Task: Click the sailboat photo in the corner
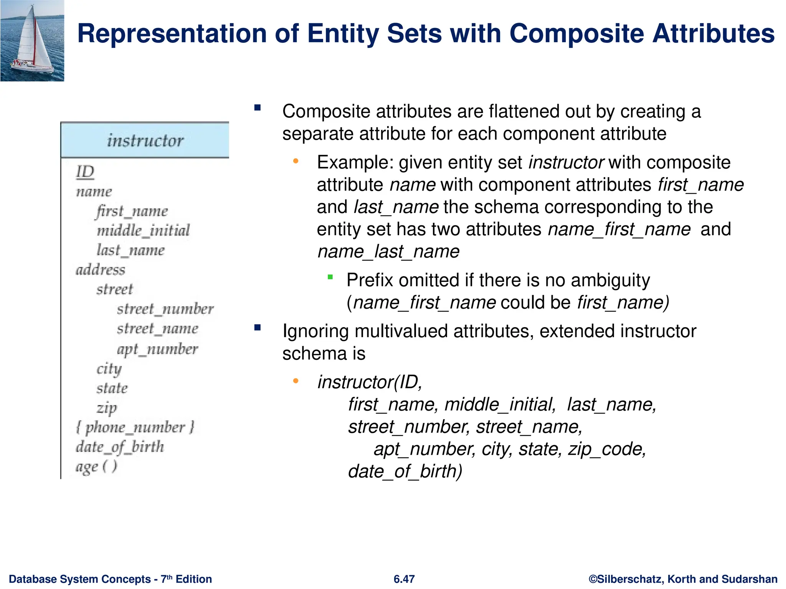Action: tap(32, 41)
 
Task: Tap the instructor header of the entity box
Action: tap(145, 140)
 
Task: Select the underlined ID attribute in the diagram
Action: tap(85, 171)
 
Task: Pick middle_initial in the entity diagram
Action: tap(143, 230)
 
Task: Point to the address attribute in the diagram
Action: tap(101, 270)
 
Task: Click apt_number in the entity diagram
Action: tap(157, 349)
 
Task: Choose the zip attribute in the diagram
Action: tap(107, 407)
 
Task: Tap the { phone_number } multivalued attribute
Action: tap(135, 427)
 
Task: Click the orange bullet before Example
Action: tap(296, 161)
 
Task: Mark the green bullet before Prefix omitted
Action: tap(330, 277)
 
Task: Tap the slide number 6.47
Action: tap(404, 579)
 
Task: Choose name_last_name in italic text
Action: tap(388, 252)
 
